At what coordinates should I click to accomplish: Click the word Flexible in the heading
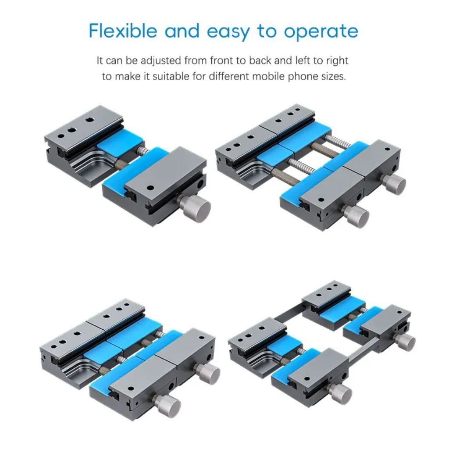[x=123, y=31]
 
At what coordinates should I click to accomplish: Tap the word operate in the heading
[x=321, y=32]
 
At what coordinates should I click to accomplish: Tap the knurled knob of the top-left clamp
[x=196, y=207]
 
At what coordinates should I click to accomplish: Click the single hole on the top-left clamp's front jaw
[x=150, y=188]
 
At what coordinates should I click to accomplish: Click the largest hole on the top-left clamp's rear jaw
[x=90, y=120]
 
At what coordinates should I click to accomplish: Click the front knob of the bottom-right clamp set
[x=341, y=393]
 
